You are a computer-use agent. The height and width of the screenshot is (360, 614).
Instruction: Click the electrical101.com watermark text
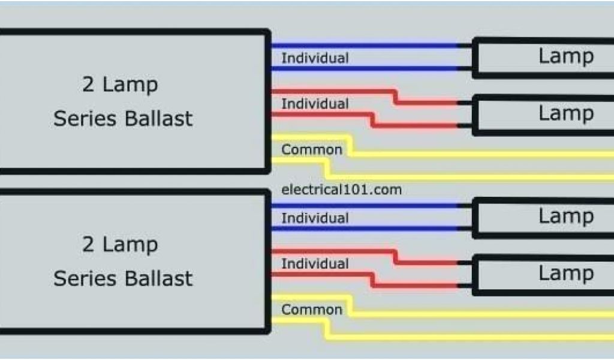click(x=341, y=190)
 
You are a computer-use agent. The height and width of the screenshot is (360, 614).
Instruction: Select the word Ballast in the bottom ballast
click(x=158, y=278)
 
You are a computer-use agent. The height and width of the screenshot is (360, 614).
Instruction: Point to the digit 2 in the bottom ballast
click(x=88, y=245)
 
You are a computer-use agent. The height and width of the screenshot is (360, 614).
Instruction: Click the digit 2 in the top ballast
click(x=88, y=85)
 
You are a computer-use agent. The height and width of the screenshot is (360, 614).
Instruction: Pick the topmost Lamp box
click(x=543, y=57)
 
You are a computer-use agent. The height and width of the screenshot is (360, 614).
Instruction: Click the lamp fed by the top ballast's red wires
click(x=543, y=113)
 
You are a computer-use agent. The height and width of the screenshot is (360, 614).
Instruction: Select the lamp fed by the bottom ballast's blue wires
click(x=543, y=217)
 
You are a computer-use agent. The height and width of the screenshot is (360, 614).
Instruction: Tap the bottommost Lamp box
click(x=543, y=274)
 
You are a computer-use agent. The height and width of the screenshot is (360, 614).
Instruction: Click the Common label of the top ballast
click(x=312, y=149)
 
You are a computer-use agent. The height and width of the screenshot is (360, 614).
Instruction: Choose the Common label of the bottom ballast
click(x=312, y=310)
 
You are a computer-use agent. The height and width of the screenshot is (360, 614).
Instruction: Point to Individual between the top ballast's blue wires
click(x=315, y=58)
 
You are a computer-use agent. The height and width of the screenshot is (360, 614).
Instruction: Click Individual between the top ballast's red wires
click(x=315, y=104)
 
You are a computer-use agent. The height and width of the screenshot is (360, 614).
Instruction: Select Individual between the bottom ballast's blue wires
click(x=315, y=218)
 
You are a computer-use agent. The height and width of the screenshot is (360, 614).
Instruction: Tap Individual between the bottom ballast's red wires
click(x=315, y=263)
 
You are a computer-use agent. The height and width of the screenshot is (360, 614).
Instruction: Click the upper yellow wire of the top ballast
click(x=480, y=154)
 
